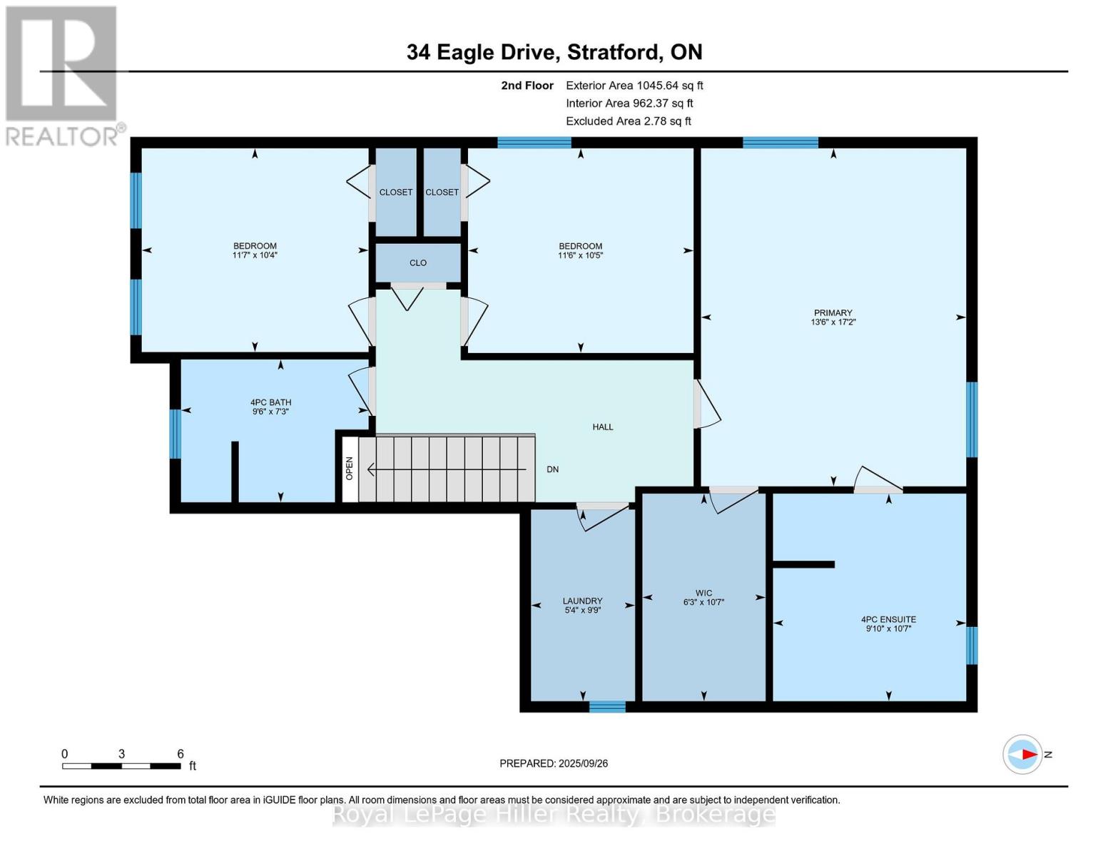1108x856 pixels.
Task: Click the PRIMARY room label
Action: point(833,312)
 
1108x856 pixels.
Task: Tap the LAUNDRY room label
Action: point(582,601)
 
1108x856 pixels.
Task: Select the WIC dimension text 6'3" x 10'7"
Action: point(703,602)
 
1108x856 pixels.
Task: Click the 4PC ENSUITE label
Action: point(888,619)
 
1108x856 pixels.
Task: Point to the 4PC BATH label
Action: point(270,402)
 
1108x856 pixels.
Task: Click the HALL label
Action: point(603,427)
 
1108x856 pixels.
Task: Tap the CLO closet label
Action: point(418,263)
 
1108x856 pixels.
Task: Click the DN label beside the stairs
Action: point(552,469)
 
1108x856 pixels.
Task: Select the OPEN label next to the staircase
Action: point(350,468)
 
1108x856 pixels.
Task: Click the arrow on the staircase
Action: point(446,469)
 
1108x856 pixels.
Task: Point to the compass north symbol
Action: point(1023,754)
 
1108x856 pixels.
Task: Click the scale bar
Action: point(121,766)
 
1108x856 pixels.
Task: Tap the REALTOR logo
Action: point(62,75)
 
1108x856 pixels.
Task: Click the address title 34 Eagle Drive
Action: point(554,52)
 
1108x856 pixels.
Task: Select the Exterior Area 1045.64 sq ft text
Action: point(634,85)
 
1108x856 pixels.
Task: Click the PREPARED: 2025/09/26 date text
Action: point(554,763)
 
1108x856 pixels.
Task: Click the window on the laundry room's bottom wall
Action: point(607,706)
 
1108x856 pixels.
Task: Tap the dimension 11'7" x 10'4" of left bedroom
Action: point(255,255)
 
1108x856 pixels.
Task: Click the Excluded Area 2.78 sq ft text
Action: point(628,121)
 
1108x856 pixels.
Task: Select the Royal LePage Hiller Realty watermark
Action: point(554,814)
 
